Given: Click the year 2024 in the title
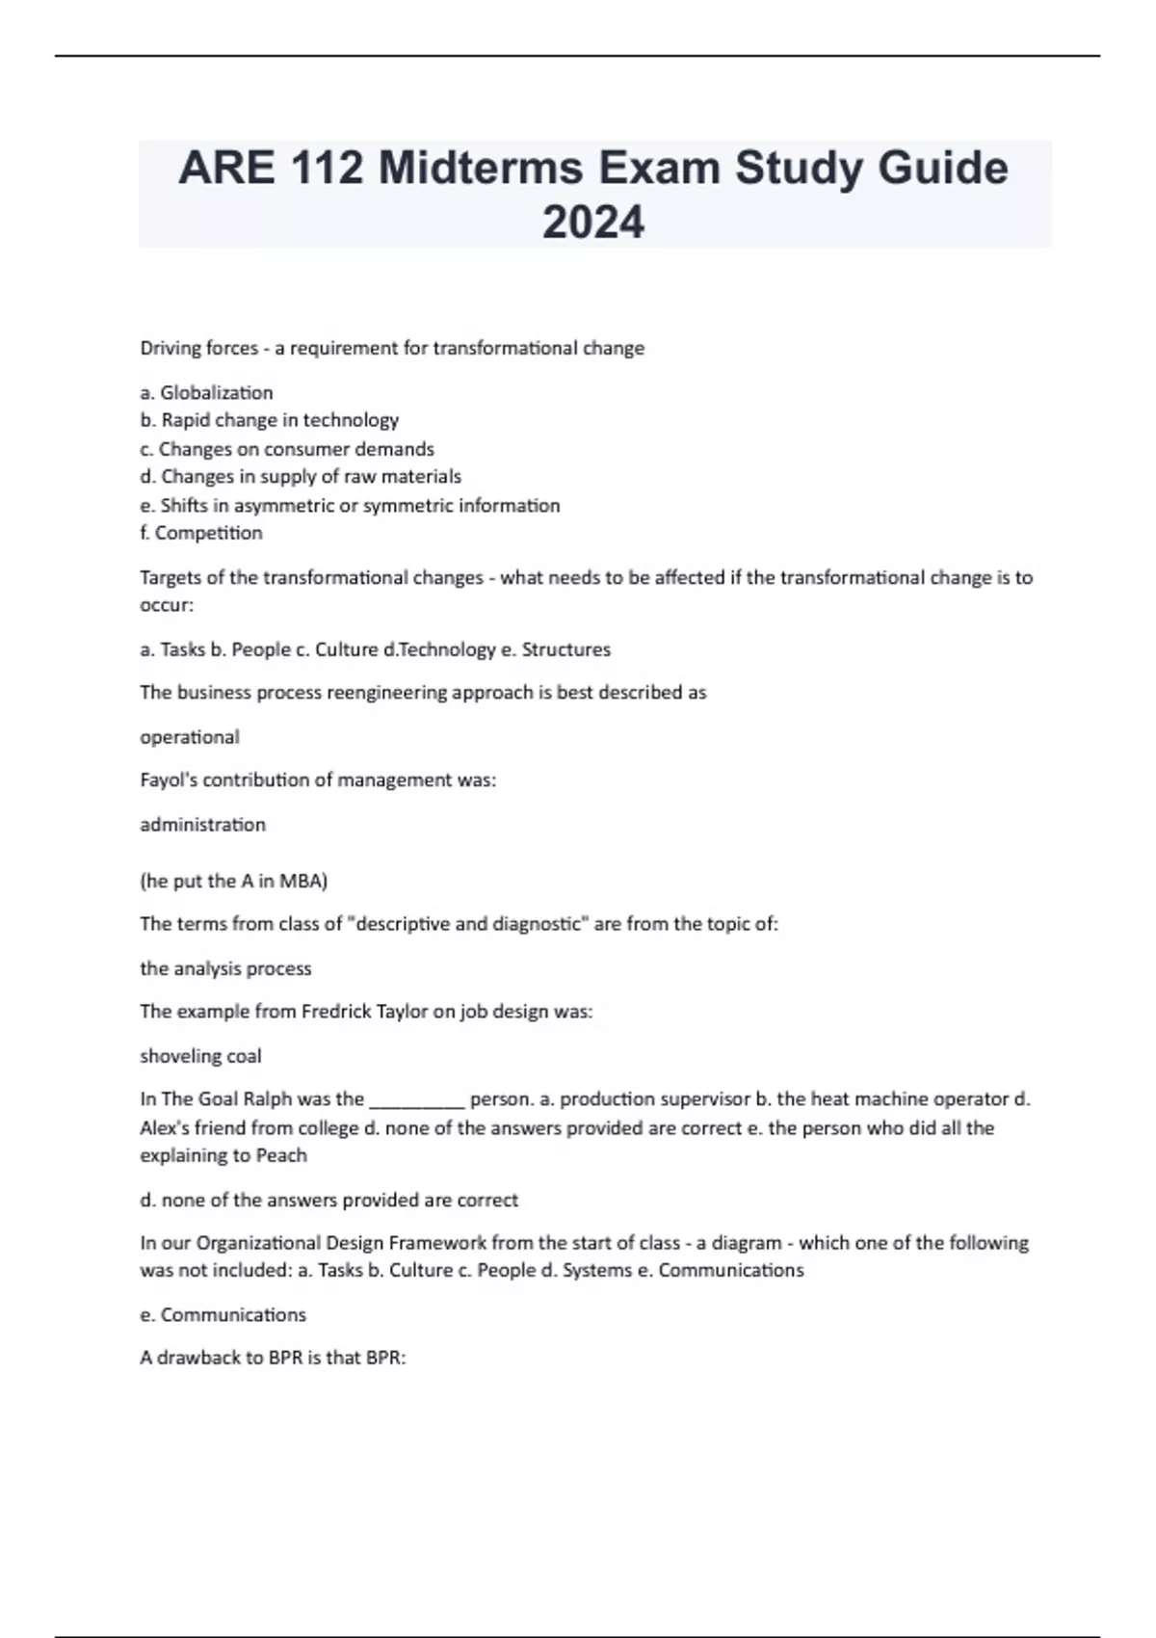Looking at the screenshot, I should (593, 223).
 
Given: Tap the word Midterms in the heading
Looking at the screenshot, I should (480, 169).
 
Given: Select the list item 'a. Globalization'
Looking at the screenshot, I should (206, 392).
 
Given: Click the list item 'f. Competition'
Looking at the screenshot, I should (200, 533).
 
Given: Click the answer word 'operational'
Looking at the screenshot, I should (190, 737).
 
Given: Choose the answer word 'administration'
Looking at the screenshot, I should (202, 825).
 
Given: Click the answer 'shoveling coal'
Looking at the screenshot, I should (200, 1056).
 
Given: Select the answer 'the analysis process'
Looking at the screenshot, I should (225, 968).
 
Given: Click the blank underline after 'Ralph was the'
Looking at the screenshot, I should (417, 1100).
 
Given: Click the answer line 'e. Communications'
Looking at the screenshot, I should (223, 1314).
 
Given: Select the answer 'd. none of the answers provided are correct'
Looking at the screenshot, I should (328, 1200).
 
